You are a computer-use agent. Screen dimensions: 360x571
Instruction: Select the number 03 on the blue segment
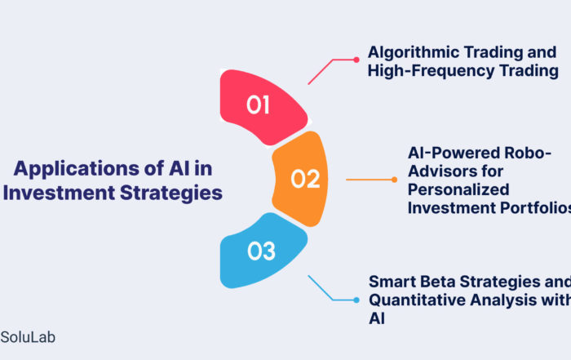261,252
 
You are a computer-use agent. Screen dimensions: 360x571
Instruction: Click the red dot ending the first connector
356,60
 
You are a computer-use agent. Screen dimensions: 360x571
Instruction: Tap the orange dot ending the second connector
394,180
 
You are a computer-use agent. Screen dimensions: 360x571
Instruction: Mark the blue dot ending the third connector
356,300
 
